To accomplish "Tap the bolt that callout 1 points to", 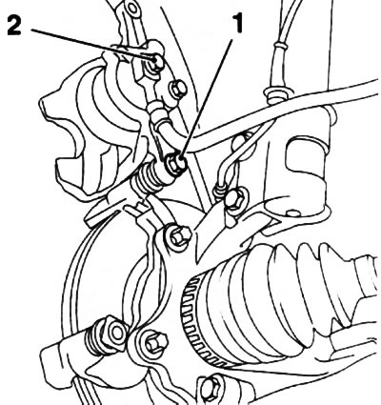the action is (x=175, y=162).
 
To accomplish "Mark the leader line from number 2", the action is (x=93, y=45).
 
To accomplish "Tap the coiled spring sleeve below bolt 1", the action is (x=149, y=178).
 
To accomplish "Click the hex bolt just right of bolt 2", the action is (x=178, y=90).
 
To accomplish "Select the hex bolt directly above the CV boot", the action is (x=178, y=236).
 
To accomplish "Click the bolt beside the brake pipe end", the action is (x=235, y=199).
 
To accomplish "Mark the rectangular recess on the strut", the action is (x=304, y=157).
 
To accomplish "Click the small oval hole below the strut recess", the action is (x=293, y=213).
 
